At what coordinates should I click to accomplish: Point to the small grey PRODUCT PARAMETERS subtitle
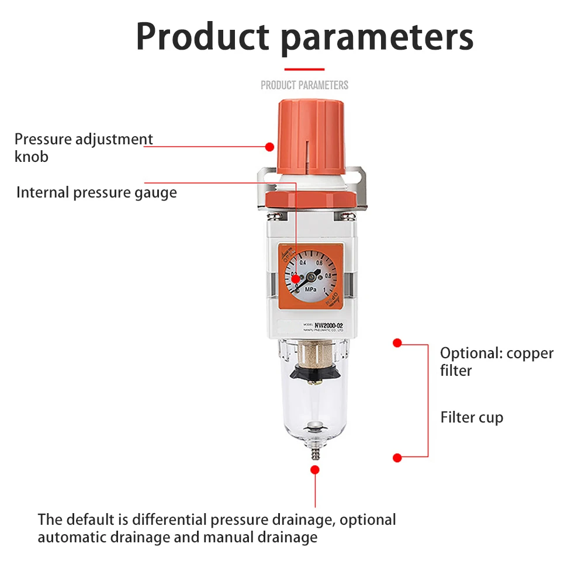pos(304,85)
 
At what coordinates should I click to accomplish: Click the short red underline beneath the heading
pos(304,70)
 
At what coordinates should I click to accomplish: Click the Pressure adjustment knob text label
pos(83,147)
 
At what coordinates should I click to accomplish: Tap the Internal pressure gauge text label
pos(96,192)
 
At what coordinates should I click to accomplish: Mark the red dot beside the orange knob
pos(269,146)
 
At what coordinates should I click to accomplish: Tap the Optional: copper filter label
pos(496,361)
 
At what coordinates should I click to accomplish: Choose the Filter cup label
pos(471,417)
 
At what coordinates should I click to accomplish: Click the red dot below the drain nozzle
pos(315,469)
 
